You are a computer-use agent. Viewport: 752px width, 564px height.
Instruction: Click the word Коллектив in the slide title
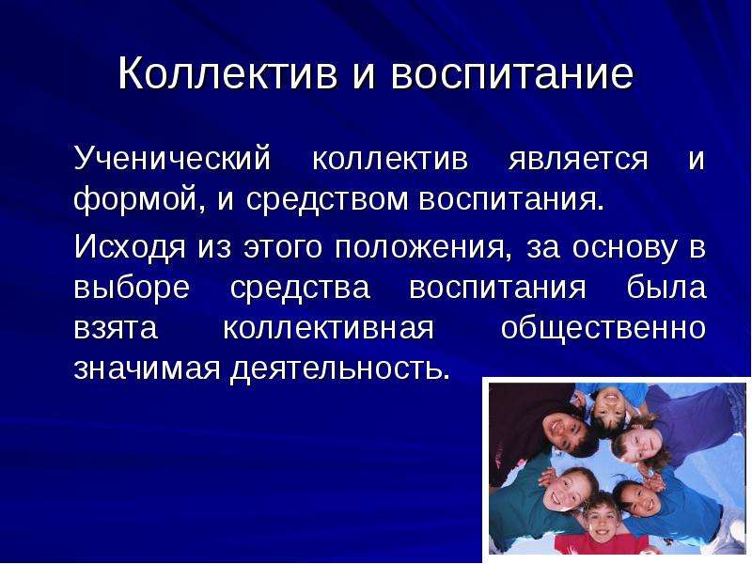227,73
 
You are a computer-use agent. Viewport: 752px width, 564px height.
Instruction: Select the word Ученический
173,158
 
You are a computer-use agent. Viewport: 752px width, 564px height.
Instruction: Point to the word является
578,160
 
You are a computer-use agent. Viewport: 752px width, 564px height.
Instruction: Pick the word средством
326,198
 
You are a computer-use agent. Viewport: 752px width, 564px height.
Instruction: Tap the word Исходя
130,248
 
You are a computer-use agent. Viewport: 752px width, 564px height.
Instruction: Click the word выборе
132,288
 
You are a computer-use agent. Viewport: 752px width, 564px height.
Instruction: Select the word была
666,287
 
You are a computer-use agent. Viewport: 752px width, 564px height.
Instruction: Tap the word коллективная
328,329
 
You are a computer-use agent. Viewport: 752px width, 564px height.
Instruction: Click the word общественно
603,328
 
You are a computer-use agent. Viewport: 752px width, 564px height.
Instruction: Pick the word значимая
147,368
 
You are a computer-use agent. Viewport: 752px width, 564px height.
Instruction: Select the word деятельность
339,369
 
